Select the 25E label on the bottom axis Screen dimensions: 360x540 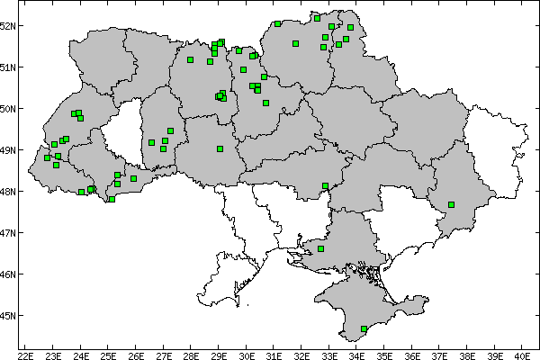108,354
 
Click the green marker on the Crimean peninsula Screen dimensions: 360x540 364,329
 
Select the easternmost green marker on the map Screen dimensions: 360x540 451,205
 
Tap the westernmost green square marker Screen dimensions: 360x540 47,158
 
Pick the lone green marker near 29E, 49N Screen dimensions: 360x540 220,149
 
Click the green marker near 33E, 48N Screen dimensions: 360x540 325,186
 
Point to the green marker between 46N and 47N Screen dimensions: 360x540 321,248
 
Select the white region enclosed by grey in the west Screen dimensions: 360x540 121,135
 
